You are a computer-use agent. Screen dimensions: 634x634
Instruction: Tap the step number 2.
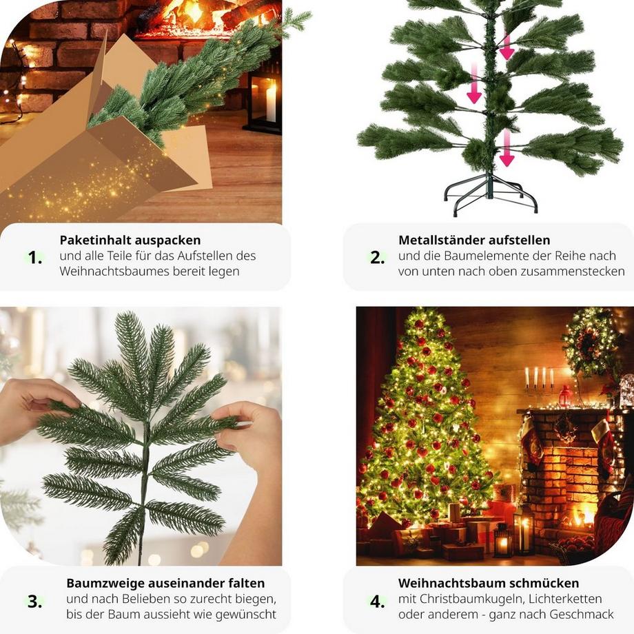tap(377, 258)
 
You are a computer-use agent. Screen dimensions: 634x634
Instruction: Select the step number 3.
tap(34, 601)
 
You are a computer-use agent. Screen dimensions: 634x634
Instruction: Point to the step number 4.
tap(377, 602)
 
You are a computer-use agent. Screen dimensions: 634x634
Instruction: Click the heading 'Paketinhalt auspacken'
tap(130, 241)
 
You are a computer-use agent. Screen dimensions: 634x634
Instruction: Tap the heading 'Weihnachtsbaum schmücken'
tap(489, 584)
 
